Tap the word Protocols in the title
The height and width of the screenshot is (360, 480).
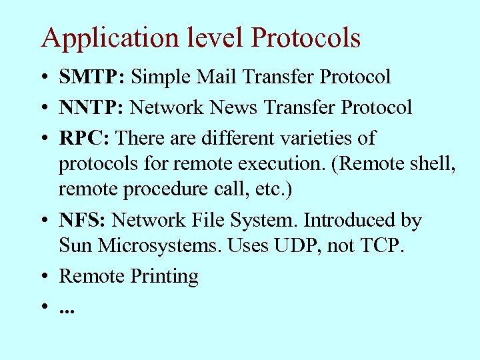[x=306, y=38]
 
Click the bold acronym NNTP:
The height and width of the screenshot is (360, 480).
[x=92, y=107]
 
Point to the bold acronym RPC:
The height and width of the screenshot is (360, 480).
[x=86, y=139]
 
